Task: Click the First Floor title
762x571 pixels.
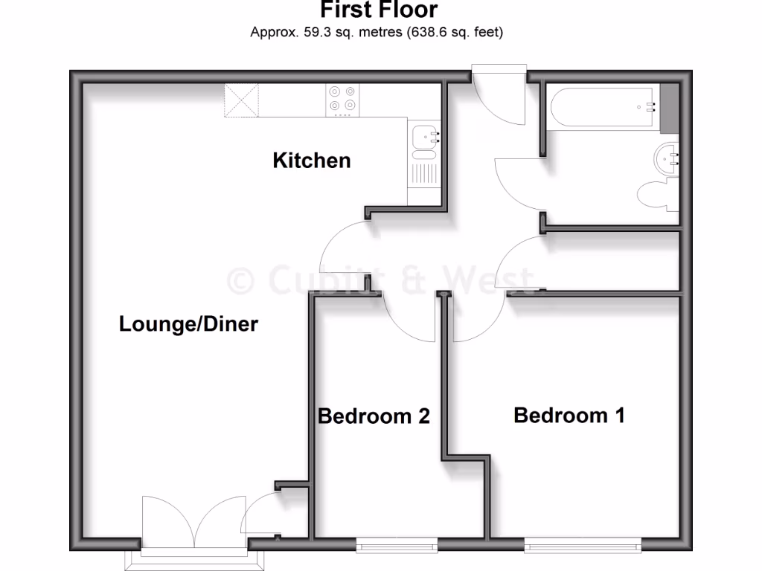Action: tap(379, 10)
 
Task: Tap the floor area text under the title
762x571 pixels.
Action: tap(377, 32)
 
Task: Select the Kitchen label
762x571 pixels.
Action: tap(312, 160)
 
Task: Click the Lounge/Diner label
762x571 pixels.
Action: tap(188, 324)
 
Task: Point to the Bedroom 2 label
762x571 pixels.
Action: tap(374, 416)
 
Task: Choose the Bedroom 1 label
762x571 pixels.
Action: tap(569, 415)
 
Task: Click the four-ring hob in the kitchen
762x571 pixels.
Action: tap(342, 100)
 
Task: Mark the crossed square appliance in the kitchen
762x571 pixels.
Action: tap(242, 100)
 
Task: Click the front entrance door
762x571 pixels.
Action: tap(499, 97)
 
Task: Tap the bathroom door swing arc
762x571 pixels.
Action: tap(519, 182)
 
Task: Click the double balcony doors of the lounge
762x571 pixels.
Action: tap(193, 524)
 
